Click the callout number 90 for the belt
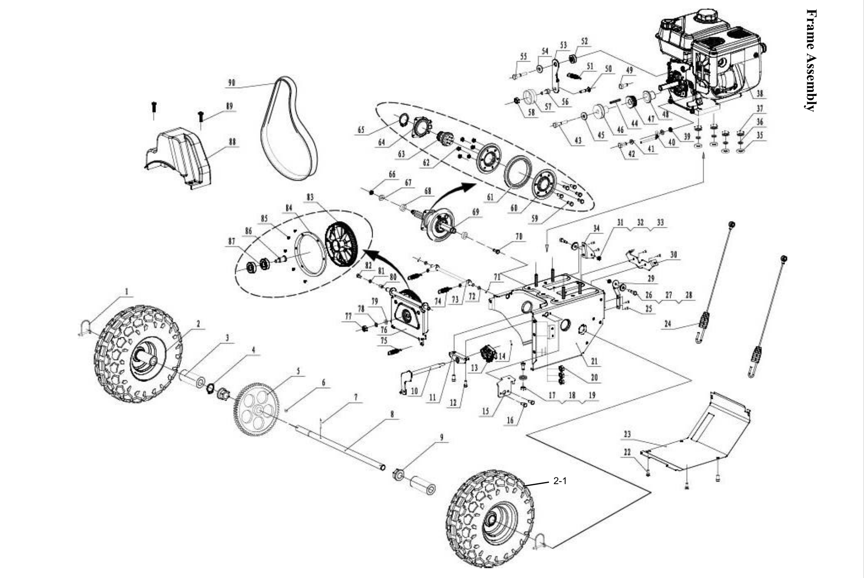[231, 83]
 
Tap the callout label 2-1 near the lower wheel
[560, 481]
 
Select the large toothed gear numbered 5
[256, 410]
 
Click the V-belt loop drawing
[289, 130]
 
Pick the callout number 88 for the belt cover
[232, 142]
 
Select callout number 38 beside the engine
[759, 94]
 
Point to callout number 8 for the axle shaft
[392, 415]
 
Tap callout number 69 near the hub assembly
[475, 212]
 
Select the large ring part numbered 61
[517, 172]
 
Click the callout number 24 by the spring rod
[667, 324]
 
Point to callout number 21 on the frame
[594, 361]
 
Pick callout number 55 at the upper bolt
[523, 56]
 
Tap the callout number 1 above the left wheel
[126, 292]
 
